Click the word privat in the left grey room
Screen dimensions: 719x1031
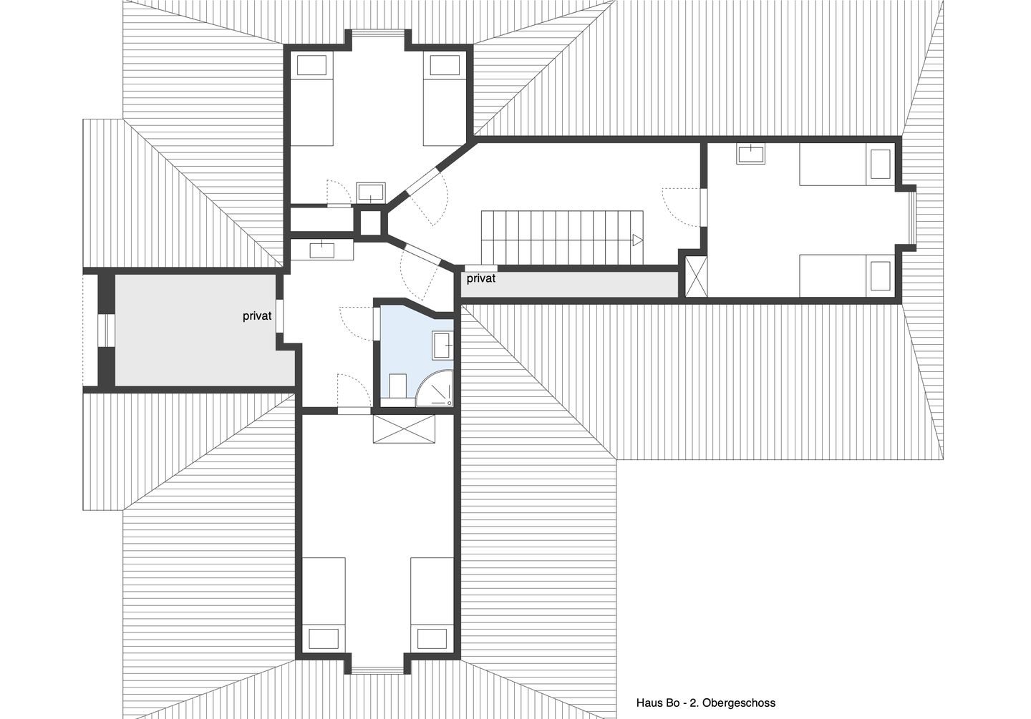tap(257, 316)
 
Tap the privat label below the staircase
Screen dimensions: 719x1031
tap(480, 278)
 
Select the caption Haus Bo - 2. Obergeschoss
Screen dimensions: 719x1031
tap(705, 703)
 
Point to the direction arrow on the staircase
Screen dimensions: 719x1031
tap(636, 240)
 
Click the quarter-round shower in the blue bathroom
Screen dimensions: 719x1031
tap(434, 391)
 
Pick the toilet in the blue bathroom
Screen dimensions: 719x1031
tap(396, 385)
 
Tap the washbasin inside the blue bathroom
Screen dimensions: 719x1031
tap(442, 345)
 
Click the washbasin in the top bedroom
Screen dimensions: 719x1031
tap(371, 191)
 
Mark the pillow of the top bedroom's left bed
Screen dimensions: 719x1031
tap(314, 65)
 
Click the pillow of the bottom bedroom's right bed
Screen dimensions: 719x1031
tap(432, 638)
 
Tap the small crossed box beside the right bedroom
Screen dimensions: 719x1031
tap(695, 275)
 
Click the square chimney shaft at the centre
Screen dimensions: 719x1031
tap(371, 223)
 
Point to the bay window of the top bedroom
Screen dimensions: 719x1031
tap(378, 31)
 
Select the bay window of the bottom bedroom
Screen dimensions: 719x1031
tap(378, 671)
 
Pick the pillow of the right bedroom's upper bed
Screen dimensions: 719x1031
tap(879, 162)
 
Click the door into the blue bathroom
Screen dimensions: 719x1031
tap(375, 323)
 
